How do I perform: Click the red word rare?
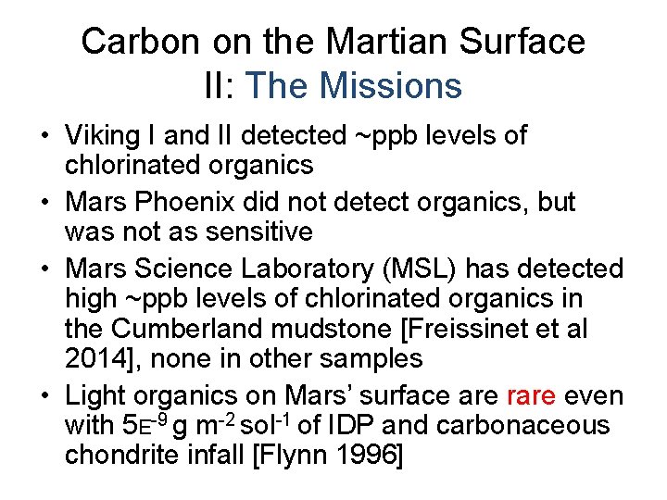point(531,396)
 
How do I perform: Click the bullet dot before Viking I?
point(44,136)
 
